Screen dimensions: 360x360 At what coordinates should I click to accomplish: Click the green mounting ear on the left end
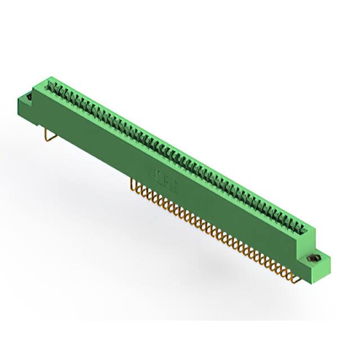click(25, 105)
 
